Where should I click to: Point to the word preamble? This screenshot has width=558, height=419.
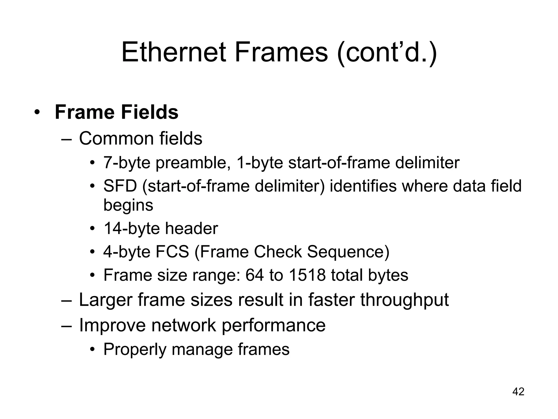point(191,163)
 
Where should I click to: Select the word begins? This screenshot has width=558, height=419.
point(128,205)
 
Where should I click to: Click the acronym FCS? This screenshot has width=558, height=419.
point(172,252)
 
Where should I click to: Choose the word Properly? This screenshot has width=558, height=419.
point(135,349)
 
